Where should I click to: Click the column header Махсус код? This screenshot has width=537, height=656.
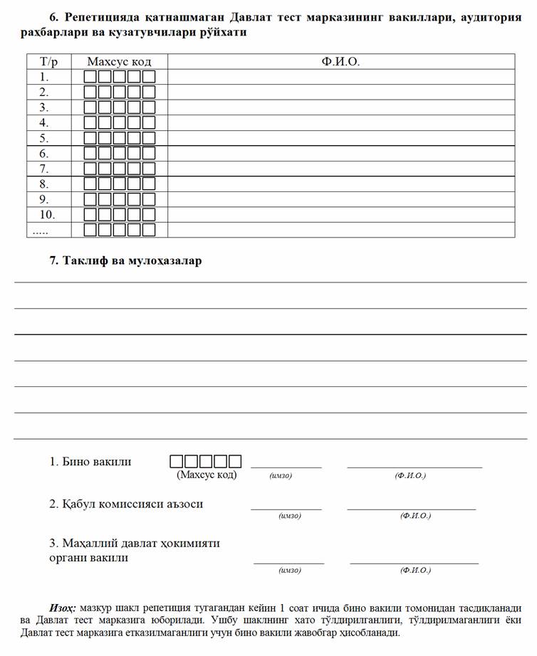119,62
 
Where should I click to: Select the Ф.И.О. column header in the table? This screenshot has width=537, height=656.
340,62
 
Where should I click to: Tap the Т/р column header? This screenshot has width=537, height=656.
48,62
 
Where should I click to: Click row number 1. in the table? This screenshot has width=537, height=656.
44,77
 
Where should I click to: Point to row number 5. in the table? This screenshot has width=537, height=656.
44,138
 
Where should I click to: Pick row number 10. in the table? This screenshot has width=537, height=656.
47,214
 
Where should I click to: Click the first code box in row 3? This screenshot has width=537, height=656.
90,107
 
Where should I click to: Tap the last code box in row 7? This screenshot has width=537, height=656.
149,169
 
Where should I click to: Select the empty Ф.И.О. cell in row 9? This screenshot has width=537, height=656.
340,199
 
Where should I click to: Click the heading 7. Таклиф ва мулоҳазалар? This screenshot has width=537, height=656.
125,260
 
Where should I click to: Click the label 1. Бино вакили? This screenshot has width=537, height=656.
90,462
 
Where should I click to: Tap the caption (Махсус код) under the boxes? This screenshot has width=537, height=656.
207,475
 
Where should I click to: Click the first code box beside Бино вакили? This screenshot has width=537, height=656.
176,461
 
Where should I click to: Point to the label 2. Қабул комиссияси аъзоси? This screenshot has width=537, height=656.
126,504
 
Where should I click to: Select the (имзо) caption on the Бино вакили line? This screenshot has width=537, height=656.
281,475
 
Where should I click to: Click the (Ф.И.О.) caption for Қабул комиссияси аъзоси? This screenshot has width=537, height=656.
415,516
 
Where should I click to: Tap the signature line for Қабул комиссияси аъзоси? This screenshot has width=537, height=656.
286,508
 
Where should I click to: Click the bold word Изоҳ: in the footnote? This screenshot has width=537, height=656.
63,608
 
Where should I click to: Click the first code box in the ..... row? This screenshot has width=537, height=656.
90,230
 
